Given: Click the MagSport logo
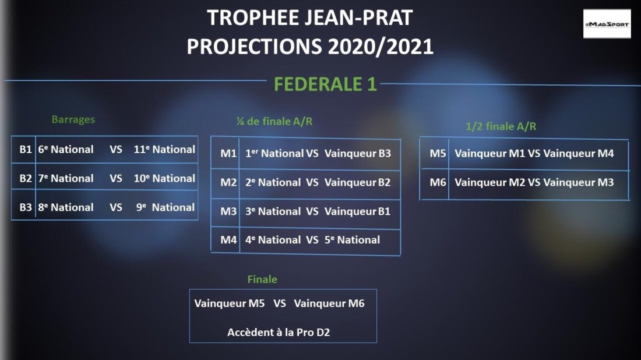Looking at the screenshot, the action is coord(607,24).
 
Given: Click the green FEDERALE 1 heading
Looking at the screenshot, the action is coord(325,84).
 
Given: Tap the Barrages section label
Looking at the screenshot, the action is coord(73,119).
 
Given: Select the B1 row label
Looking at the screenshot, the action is coord(25,150).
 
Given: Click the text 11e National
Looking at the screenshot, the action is coord(164,150).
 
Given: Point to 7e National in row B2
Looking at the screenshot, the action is coord(66,179).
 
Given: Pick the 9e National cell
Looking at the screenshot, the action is coord(165,207).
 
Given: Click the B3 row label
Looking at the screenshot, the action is coord(25,207).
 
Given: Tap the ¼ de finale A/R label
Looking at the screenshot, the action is coord(274,121).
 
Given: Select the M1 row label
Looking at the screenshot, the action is coord(228,154).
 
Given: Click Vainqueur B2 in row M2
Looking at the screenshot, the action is coord(358,182).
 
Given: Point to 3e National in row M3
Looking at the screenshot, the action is coord(273,211).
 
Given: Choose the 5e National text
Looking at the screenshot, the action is coord(353,240).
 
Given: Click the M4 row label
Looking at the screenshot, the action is coord(228,240).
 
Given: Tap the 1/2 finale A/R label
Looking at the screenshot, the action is coord(501,126).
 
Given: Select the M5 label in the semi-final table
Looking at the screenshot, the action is coord(438,154).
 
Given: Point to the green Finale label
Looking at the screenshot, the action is coord(262,280).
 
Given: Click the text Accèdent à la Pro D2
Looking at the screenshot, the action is coord(279,333).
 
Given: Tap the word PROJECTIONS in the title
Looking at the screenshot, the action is coord(254,47).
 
